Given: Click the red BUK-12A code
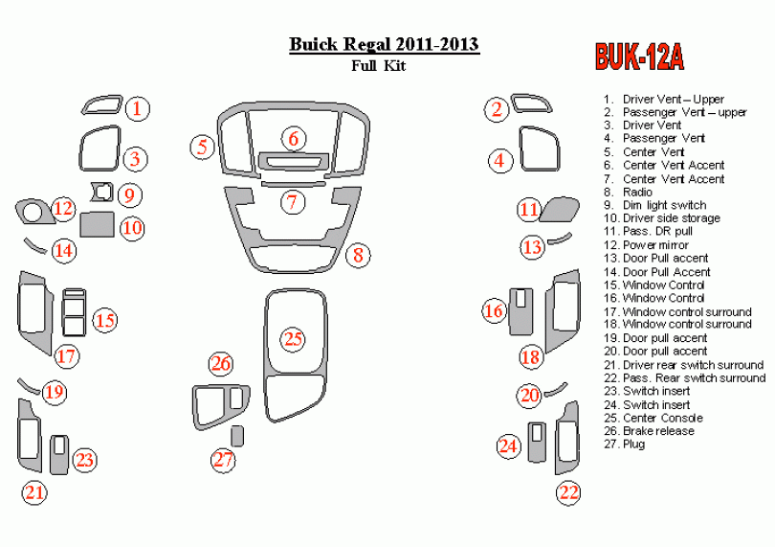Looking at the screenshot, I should [x=639, y=57].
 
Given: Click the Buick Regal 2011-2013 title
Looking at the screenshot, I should [x=385, y=45].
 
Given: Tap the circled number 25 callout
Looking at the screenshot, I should [x=292, y=338].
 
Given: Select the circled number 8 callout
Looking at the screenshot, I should [x=358, y=255].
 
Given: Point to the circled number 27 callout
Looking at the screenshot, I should [x=223, y=460].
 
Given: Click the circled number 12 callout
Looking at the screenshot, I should [x=63, y=208].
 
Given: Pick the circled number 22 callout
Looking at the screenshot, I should [x=569, y=492].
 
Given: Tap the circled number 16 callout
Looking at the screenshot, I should [x=494, y=310].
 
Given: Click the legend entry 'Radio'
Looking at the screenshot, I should [x=637, y=192].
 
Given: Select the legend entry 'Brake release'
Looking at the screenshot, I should [x=658, y=431].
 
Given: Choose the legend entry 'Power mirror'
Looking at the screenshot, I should [x=655, y=245].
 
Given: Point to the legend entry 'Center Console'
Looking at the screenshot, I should [x=662, y=418].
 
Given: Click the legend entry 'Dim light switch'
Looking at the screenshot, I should [x=664, y=205].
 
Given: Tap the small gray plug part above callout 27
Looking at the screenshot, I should [x=237, y=437].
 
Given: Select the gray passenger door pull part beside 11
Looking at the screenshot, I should [x=559, y=209].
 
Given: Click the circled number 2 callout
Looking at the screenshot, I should [x=498, y=108].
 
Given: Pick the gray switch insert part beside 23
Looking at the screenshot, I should [x=59, y=453].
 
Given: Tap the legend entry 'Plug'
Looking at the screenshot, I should [x=633, y=444].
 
